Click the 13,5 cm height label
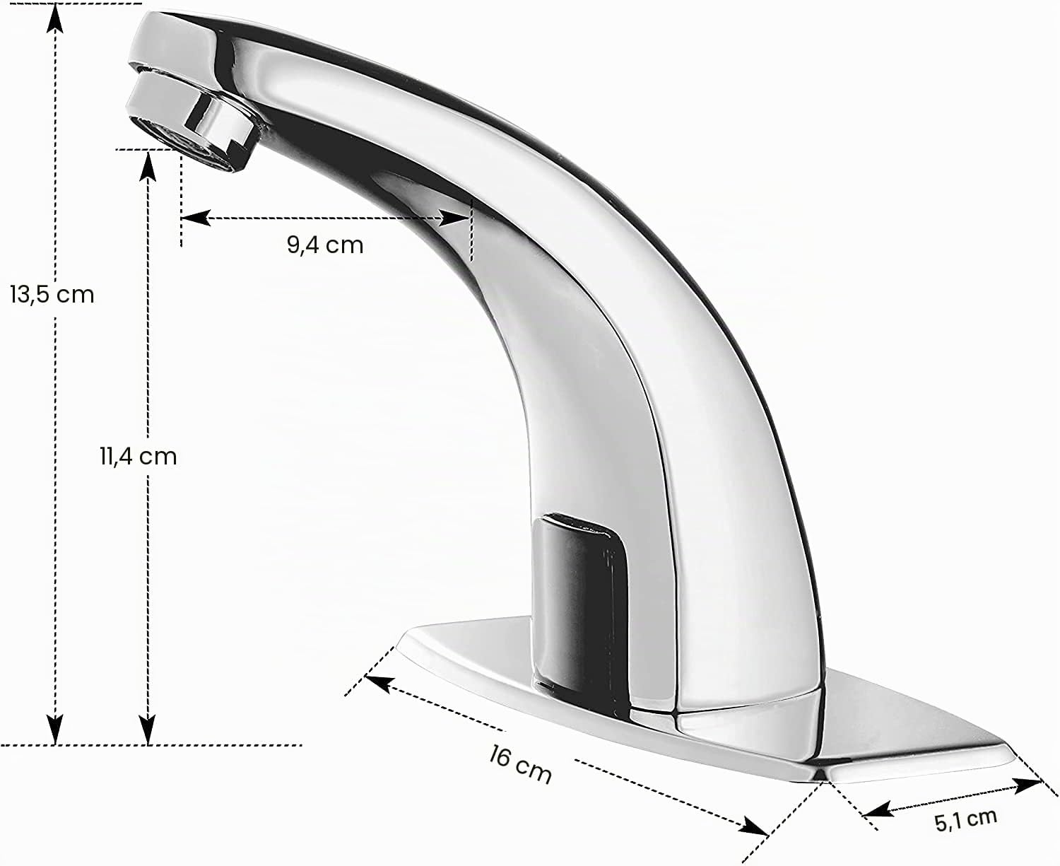click(x=52, y=295)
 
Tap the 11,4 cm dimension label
click(x=139, y=457)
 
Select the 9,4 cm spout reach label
click(x=325, y=245)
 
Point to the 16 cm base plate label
click(x=520, y=766)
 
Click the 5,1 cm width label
click(x=965, y=820)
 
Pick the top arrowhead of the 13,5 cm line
click(x=55, y=18)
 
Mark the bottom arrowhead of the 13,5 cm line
click(x=55, y=730)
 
